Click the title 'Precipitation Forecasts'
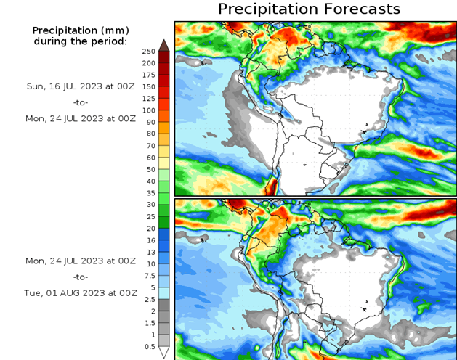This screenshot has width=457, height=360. pyautogui.click(x=309, y=9)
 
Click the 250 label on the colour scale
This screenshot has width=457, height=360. pyautogui.click(x=149, y=52)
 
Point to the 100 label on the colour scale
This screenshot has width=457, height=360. pyautogui.click(x=149, y=110)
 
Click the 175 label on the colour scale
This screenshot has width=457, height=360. pyautogui.click(x=149, y=75)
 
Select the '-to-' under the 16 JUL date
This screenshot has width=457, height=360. pyautogui.click(x=81, y=102)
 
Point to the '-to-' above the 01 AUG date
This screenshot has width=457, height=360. pyautogui.click(x=81, y=277)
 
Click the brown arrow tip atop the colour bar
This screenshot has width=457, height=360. pyautogui.click(x=164, y=45)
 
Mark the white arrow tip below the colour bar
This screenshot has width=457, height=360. pyautogui.click(x=164, y=353)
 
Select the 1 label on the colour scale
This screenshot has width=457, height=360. pyautogui.click(x=150, y=334)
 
